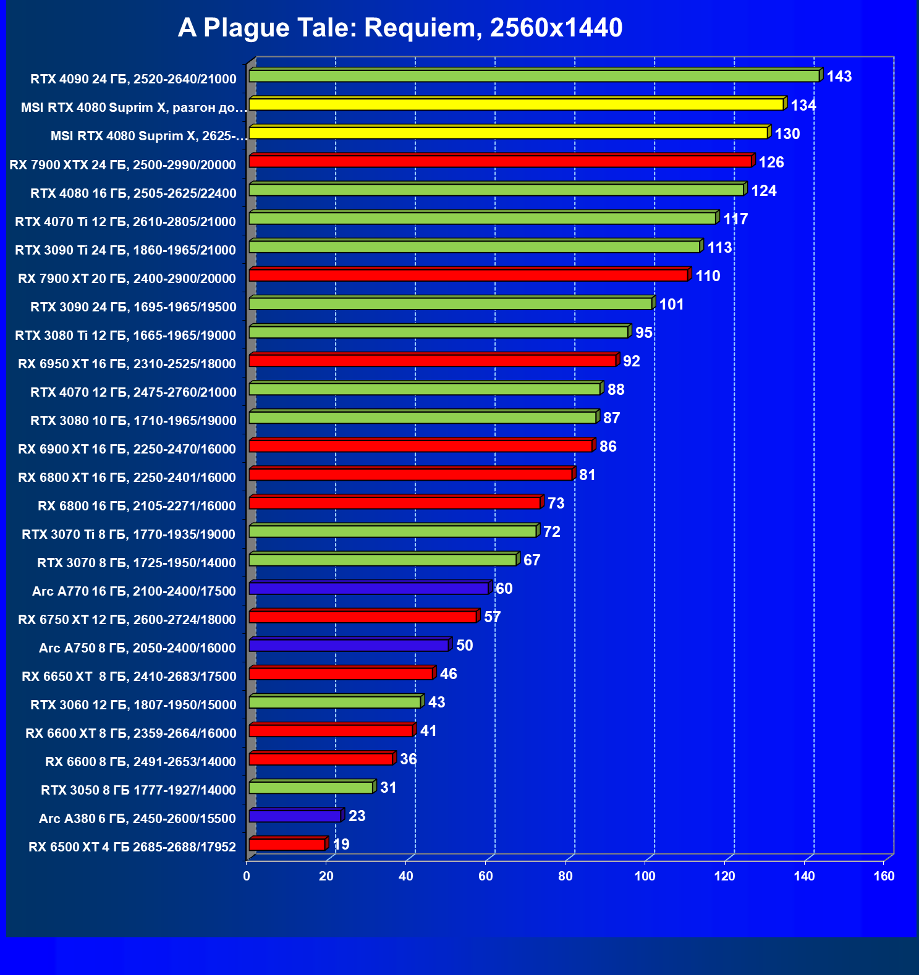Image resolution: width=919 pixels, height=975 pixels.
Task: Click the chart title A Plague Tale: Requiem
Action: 400,28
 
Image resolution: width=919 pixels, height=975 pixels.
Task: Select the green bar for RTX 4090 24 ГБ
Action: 535,76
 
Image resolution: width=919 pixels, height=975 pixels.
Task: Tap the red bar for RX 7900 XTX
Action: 501,161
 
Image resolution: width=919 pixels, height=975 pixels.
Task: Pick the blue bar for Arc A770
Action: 369,588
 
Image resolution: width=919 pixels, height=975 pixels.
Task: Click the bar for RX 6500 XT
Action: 287,844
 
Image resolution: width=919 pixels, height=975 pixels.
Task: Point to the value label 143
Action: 839,77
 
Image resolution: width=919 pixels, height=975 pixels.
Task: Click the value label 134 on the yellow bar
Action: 803,106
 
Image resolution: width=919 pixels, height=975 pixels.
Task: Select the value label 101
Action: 671,305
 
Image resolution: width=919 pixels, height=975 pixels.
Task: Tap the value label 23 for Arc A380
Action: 357,816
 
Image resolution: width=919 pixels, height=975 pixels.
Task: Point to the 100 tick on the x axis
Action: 645,876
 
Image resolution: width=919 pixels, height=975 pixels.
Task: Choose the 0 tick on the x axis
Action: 247,876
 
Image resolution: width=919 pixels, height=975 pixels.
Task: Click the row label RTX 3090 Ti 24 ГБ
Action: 125,250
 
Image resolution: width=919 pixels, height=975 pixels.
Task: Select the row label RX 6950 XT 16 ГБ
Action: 127,364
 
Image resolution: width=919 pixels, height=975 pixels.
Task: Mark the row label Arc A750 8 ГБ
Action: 137,648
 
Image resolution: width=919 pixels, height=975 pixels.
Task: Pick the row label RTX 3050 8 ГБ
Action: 138,790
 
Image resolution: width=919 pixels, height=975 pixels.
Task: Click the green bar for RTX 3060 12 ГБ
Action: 336,702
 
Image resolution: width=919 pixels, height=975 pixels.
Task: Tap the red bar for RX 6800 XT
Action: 411,475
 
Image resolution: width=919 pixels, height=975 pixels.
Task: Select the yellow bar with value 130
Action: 509,133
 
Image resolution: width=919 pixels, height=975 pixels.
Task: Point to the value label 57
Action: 492,617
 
